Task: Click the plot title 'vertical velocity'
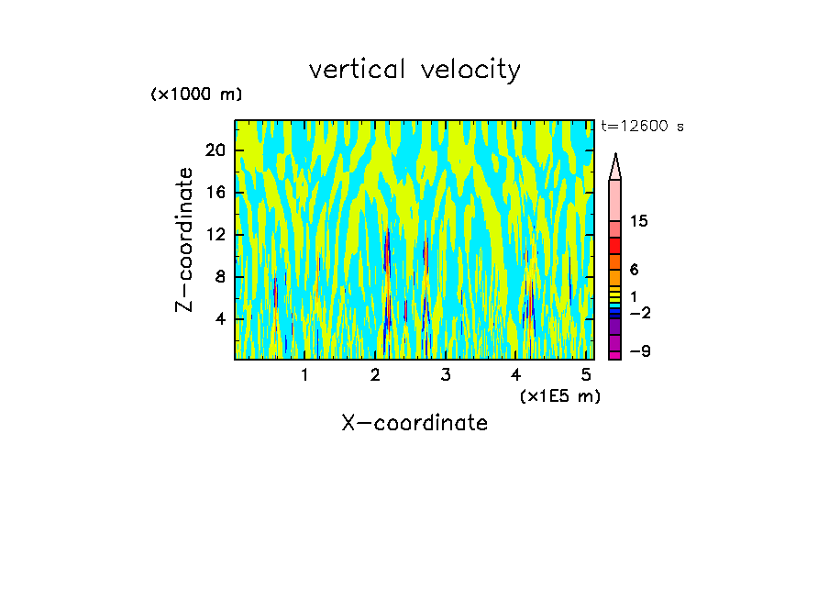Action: pyautogui.click(x=414, y=70)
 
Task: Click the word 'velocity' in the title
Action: pyautogui.click(x=470, y=70)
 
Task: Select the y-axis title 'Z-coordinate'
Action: pyautogui.click(x=185, y=239)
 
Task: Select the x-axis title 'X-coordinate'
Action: pyautogui.click(x=414, y=423)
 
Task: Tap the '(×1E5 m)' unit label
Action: pyautogui.click(x=559, y=395)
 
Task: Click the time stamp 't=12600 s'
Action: pyautogui.click(x=642, y=127)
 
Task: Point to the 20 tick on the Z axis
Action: pyautogui.click(x=215, y=150)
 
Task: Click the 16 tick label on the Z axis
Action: pyautogui.click(x=215, y=193)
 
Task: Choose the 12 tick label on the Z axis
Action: pyautogui.click(x=215, y=235)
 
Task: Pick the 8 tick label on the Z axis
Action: pyautogui.click(x=219, y=277)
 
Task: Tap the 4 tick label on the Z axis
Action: pyautogui.click(x=219, y=319)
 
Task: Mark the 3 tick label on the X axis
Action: pyautogui.click(x=446, y=375)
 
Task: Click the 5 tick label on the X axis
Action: pyautogui.click(x=586, y=375)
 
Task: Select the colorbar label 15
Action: pyautogui.click(x=639, y=221)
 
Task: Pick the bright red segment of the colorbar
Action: pyautogui.click(x=615, y=246)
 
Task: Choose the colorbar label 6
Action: pyautogui.click(x=635, y=270)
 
